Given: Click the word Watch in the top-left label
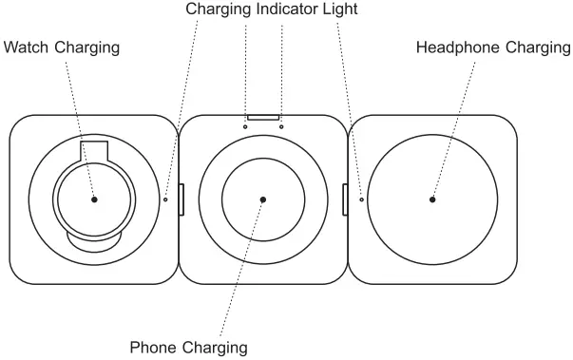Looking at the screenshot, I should [26, 47].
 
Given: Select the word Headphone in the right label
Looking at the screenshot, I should [450, 47].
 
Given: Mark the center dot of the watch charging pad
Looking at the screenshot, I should [95, 199].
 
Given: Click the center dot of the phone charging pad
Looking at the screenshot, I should [263, 199].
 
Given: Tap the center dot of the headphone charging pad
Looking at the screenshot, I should [432, 199].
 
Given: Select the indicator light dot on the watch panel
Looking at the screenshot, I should [165, 199].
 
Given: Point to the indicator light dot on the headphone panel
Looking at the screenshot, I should [362, 199].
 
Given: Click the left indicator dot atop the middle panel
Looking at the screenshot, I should [245, 124].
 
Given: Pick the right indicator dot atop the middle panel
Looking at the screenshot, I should [282, 124].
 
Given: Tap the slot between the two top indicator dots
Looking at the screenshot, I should [263, 120].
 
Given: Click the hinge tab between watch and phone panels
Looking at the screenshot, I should [180, 199].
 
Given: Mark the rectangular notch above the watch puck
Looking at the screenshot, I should [94, 150].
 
